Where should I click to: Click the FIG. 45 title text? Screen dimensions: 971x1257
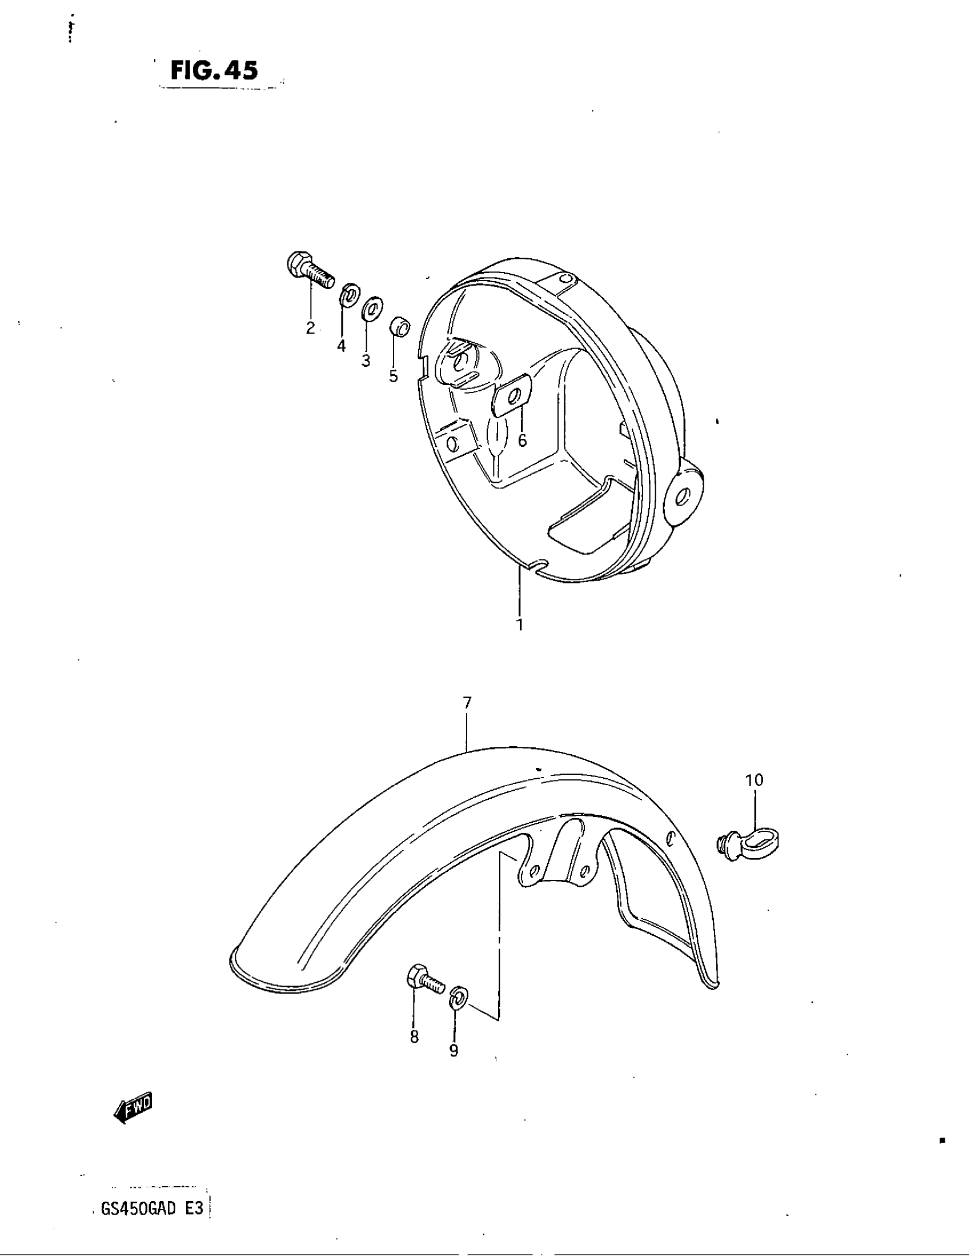point(214,70)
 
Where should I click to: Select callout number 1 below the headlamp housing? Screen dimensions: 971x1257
point(519,624)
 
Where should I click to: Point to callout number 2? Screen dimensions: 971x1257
point(311,328)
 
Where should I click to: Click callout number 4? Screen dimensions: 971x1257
point(342,346)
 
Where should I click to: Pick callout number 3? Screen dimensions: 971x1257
point(366,361)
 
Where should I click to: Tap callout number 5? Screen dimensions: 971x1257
point(394,377)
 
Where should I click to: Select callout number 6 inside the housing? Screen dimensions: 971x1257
point(521,441)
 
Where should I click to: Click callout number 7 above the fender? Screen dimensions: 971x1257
point(467,702)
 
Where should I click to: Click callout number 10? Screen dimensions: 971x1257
point(754,780)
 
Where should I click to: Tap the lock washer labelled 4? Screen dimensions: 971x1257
point(348,295)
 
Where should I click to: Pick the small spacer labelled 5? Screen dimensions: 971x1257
point(400,328)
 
